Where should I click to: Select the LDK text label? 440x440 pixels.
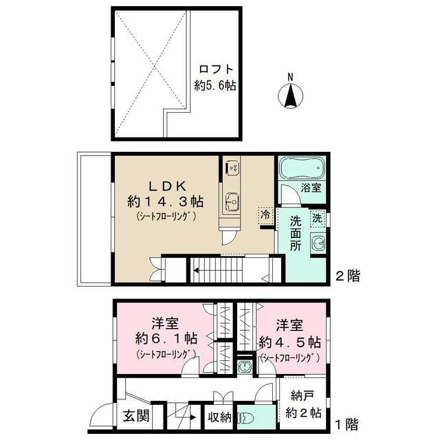point(165,184)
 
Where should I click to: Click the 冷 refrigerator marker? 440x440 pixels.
point(265,214)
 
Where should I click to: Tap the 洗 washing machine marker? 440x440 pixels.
point(316,218)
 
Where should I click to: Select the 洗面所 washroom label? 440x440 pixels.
point(295,234)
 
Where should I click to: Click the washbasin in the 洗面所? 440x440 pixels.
point(318,243)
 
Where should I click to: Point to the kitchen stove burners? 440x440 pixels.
point(232,167)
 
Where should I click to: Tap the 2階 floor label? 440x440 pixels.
point(346,276)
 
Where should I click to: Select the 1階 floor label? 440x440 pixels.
point(346,425)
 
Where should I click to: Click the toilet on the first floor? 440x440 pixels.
point(247,418)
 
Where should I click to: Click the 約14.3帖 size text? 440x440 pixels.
point(165,202)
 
